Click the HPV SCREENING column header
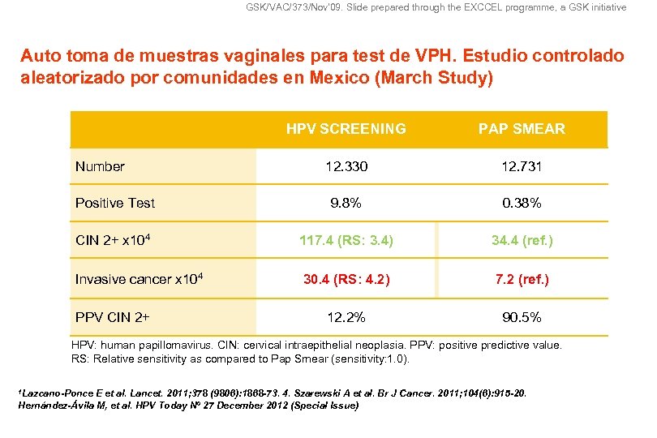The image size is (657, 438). click(x=346, y=129)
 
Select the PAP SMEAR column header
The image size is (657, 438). click(x=522, y=129)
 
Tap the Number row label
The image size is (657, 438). click(x=100, y=167)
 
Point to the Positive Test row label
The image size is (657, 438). click(x=114, y=203)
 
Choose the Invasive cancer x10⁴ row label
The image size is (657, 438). click(x=138, y=279)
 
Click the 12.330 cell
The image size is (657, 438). click(x=346, y=167)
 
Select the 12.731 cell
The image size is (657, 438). click(x=522, y=167)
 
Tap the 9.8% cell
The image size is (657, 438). click(x=346, y=203)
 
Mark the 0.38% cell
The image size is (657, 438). click(x=522, y=203)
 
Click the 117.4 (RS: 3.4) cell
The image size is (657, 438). click(x=346, y=241)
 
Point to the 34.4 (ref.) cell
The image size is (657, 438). click(x=522, y=241)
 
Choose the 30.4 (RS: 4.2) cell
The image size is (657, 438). click(x=346, y=279)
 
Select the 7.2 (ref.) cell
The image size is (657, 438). click(x=522, y=279)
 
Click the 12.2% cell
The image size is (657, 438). click(x=346, y=317)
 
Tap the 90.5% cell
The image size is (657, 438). click(x=522, y=317)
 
